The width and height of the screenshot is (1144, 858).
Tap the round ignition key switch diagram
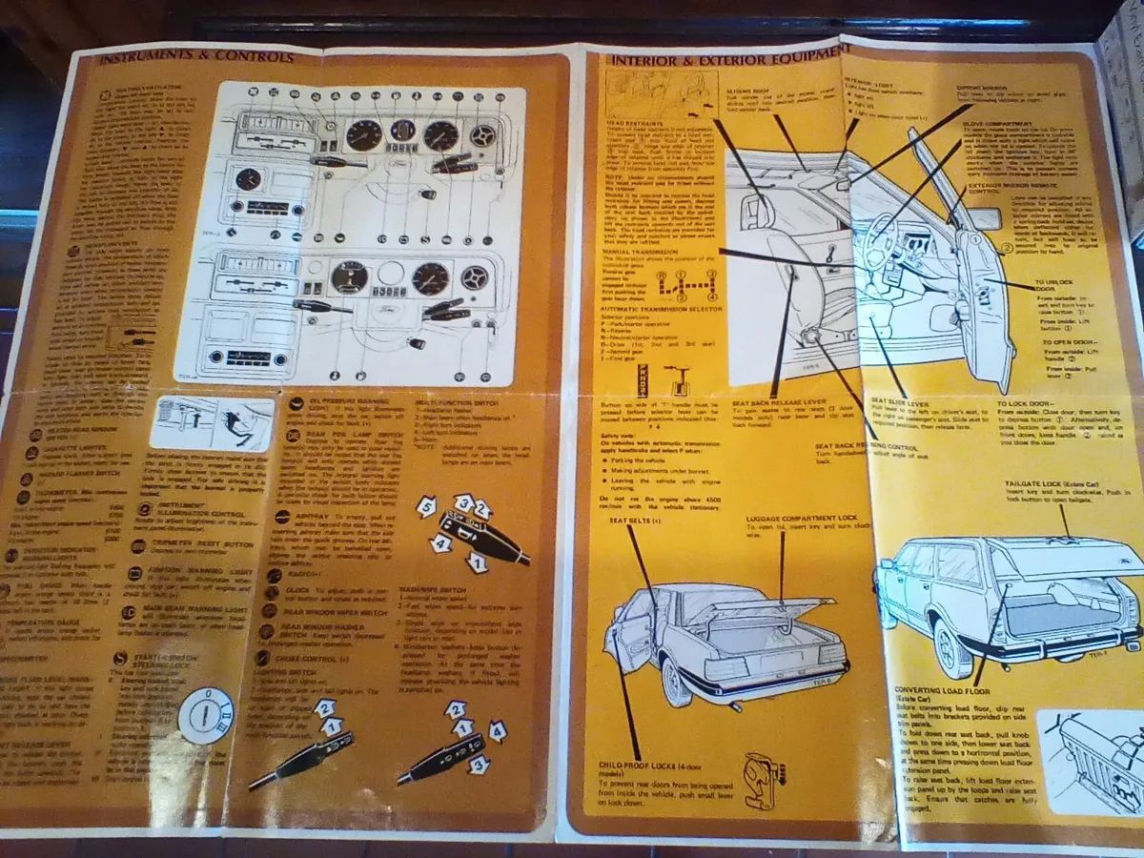pos(206,715)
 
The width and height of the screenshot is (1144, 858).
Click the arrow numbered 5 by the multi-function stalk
pos(426,507)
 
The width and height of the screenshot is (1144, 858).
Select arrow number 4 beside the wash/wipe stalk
pos(497,732)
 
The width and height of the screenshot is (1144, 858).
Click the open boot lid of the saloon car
pos(763,610)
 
